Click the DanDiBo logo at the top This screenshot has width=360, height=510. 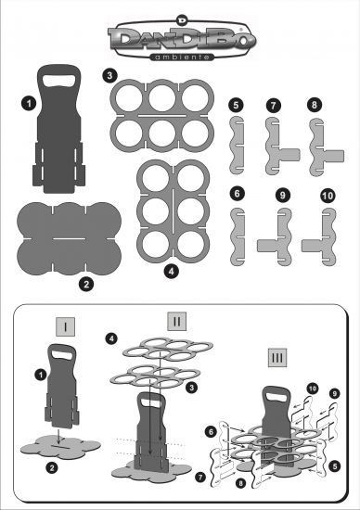click(182, 38)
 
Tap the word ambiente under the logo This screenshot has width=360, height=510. click(182, 57)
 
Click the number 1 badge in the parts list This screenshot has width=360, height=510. click(29, 104)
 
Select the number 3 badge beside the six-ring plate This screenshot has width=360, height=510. click(109, 75)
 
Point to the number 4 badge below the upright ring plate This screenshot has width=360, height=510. click(172, 271)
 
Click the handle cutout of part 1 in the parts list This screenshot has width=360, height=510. click(58, 81)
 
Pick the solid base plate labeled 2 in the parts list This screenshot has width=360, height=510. click(69, 238)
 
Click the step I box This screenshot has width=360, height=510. click(66, 326)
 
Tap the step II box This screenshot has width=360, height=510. click(177, 322)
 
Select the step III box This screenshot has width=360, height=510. click(277, 357)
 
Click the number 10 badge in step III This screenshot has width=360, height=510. click(313, 389)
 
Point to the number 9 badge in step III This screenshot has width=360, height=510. click(335, 393)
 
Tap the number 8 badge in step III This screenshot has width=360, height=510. click(240, 483)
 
